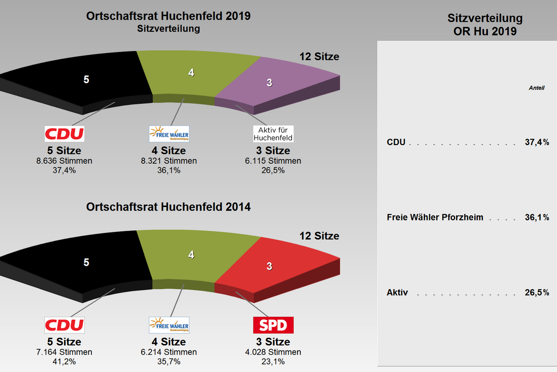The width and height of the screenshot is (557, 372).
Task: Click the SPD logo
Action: click(x=273, y=325)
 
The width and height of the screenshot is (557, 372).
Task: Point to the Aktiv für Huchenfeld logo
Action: click(x=273, y=133)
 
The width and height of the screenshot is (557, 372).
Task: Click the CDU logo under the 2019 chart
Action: click(x=65, y=133)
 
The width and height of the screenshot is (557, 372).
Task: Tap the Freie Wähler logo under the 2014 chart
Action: click(x=169, y=325)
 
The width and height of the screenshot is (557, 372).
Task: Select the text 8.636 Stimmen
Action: click(x=65, y=161)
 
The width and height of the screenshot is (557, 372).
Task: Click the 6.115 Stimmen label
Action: click(x=273, y=161)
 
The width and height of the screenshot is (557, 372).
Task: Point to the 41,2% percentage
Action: click(x=65, y=361)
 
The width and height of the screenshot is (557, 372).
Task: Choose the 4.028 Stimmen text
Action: click(x=273, y=352)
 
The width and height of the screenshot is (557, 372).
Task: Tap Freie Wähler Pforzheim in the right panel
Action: click(x=435, y=218)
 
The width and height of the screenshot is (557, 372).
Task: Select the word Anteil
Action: click(x=537, y=88)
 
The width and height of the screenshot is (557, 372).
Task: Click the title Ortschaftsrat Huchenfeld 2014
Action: click(x=168, y=207)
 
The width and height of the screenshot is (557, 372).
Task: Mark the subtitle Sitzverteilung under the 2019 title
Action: click(x=168, y=29)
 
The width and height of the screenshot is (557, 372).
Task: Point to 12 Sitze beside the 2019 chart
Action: click(x=319, y=57)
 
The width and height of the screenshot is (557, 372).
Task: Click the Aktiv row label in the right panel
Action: click(x=397, y=293)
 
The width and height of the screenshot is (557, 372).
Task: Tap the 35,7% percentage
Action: click(x=169, y=361)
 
